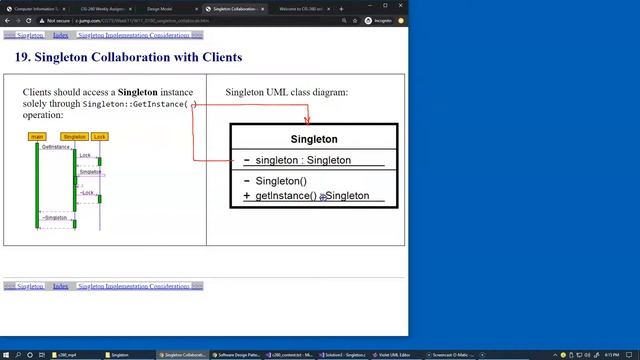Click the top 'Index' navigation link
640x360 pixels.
tap(60, 35)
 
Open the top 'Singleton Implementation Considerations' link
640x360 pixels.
tap(134, 35)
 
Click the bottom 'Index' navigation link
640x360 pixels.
tap(60, 286)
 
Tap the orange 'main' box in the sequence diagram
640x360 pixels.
tap(37, 136)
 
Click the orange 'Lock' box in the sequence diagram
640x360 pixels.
tap(100, 136)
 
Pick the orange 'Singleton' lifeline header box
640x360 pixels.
tap(74, 136)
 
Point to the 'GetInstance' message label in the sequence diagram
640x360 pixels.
tap(56, 147)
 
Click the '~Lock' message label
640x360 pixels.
tap(87, 192)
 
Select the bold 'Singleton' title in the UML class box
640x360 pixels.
tap(314, 139)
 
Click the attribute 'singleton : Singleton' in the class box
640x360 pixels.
tap(303, 160)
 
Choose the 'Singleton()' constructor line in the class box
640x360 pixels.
tap(281, 181)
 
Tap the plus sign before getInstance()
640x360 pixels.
tap(247, 196)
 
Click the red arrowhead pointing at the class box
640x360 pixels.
tap(307, 120)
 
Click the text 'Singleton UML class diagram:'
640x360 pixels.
tap(286, 92)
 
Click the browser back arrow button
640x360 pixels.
tap(9, 20)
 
